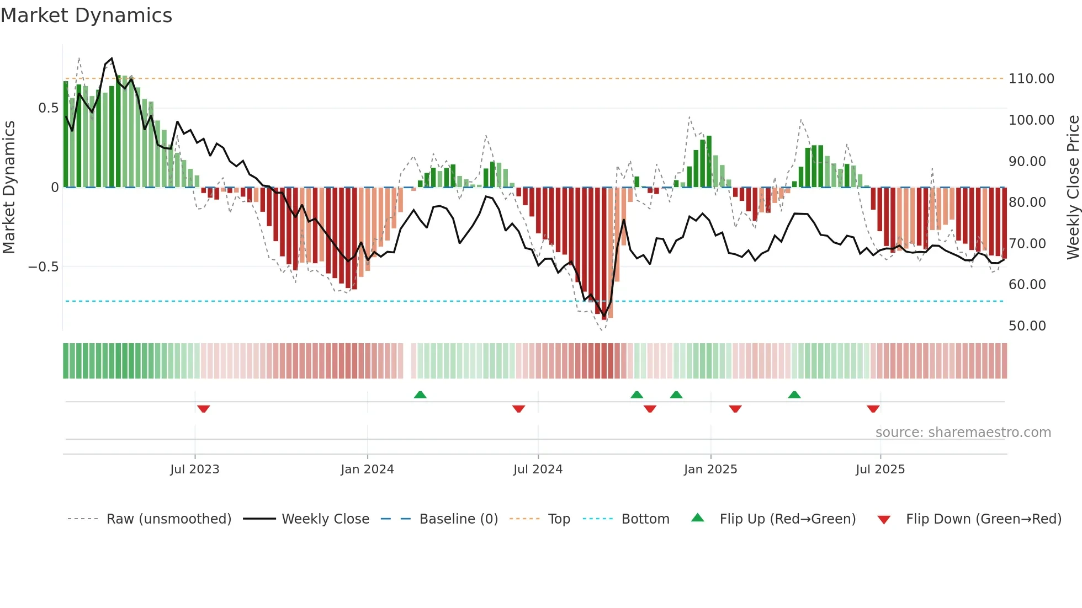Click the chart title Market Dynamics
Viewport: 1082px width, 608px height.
tap(86, 15)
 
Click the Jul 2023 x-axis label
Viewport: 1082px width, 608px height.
tap(194, 470)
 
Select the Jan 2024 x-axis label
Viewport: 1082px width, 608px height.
tap(367, 470)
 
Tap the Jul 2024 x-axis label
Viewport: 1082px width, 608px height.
tap(538, 470)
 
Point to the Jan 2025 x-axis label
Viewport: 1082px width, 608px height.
tap(710, 470)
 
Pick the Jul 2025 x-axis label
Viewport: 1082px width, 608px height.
tap(880, 470)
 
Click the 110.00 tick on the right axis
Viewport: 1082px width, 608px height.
tap(1031, 79)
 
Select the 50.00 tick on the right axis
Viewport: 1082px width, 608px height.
tap(1027, 326)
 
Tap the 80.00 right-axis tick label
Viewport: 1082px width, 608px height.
tap(1027, 202)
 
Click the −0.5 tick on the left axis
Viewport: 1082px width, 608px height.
tap(43, 267)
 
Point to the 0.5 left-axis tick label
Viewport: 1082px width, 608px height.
tap(48, 108)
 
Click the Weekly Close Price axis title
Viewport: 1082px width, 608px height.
tap(1073, 188)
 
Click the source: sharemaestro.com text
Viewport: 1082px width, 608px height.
tap(963, 433)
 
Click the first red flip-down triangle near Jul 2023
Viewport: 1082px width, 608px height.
tap(203, 409)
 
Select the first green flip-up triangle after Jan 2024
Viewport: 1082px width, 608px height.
tap(420, 394)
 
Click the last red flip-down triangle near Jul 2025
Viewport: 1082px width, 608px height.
tap(873, 409)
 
